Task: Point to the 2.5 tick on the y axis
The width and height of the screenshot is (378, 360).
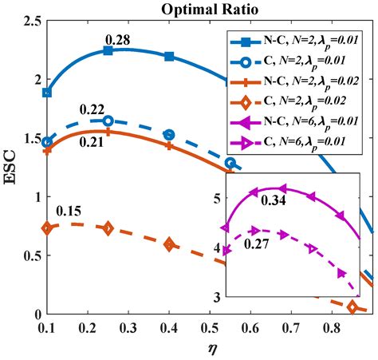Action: click(x=29, y=19)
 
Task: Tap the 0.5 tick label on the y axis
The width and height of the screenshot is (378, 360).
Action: click(x=29, y=255)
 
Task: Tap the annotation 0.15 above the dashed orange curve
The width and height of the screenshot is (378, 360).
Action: click(x=70, y=211)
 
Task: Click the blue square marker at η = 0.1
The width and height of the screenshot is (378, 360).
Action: click(x=47, y=93)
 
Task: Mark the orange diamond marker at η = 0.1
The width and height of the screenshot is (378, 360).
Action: click(x=47, y=228)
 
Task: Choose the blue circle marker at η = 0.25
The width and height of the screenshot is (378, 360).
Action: click(x=108, y=121)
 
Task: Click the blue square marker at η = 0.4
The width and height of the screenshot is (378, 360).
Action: click(x=169, y=56)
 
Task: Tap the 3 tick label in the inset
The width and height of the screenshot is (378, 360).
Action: click(x=218, y=297)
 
